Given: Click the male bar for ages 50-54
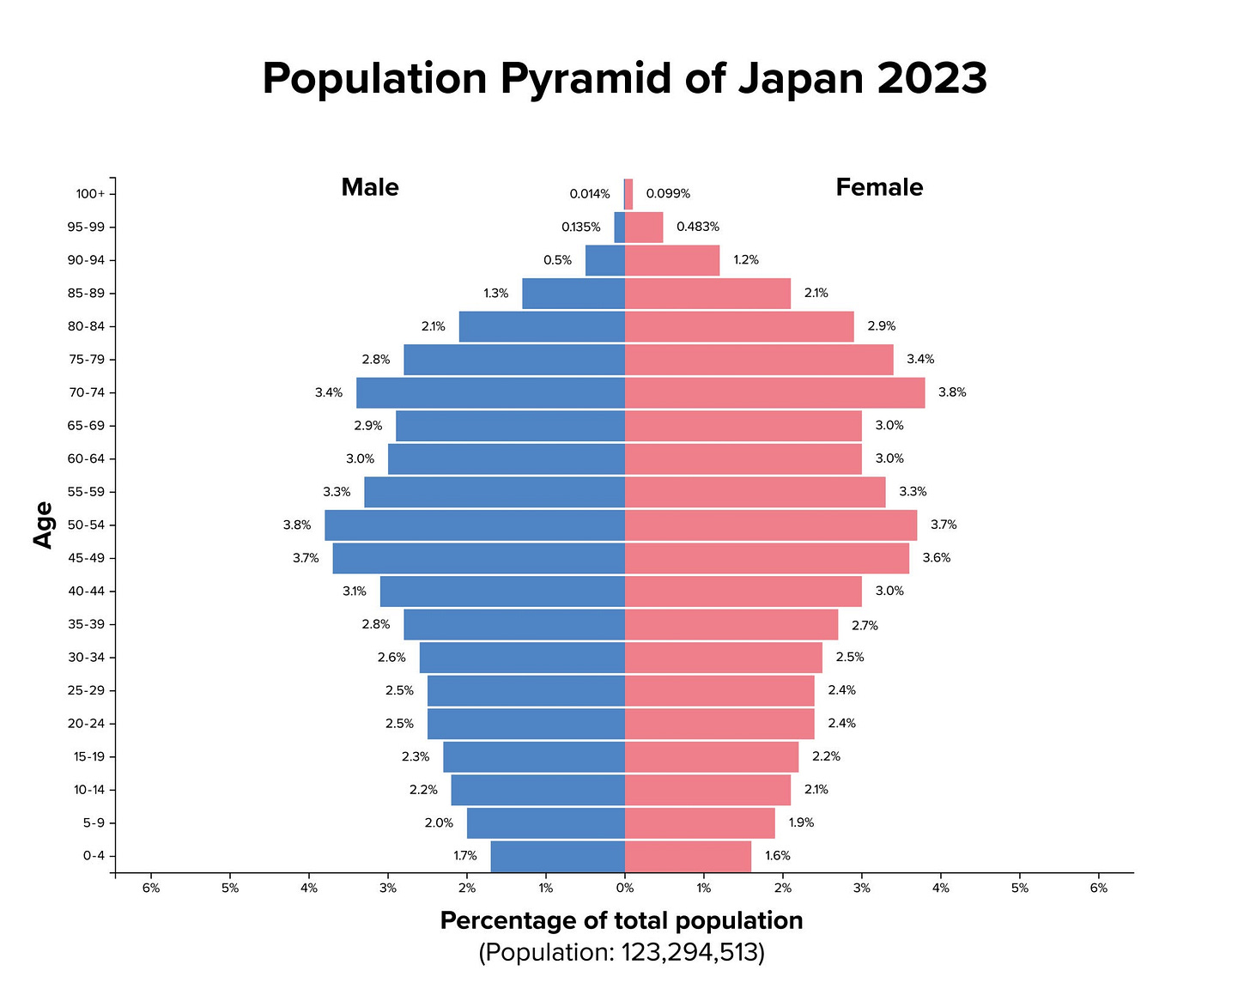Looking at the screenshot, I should [475, 525].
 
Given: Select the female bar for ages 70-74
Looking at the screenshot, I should [774, 392].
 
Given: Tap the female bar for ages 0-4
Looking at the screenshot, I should [688, 856].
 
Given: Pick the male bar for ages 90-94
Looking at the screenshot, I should [605, 260].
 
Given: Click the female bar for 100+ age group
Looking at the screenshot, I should [628, 194].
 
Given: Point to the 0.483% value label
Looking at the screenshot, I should [698, 227].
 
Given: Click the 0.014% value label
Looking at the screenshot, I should [590, 194].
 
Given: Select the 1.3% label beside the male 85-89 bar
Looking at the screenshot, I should [496, 294].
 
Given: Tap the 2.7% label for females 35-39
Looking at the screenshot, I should [865, 626].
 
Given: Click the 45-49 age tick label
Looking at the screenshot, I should [86, 558].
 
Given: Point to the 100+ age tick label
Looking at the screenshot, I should [90, 194].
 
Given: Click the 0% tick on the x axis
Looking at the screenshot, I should [625, 889].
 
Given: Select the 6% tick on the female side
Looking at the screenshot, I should [1099, 889].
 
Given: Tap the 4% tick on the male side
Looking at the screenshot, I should [309, 889].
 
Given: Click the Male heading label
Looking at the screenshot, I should [370, 187].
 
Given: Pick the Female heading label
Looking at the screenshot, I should [879, 187].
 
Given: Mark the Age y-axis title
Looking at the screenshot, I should [43, 525].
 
